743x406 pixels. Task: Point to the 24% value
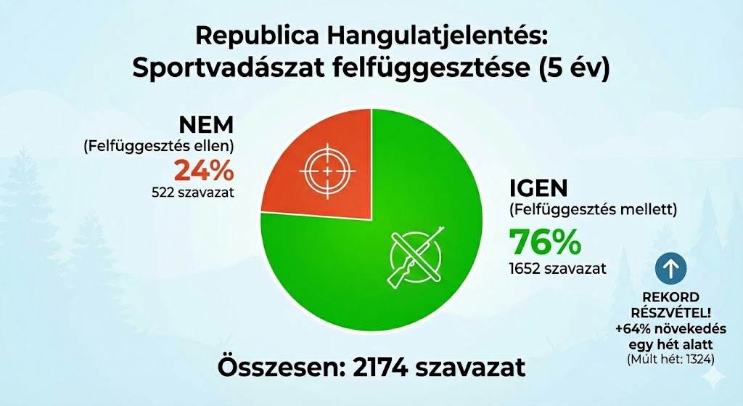pyautogui.click(x=204, y=171)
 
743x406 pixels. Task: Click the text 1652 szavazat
pyautogui.click(x=557, y=268)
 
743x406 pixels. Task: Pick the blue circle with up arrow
pyautogui.click(x=671, y=269)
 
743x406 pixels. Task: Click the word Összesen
pyautogui.click(x=276, y=368)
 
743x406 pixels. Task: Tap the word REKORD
pyautogui.click(x=671, y=297)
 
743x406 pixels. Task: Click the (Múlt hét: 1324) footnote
pyautogui.click(x=671, y=359)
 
